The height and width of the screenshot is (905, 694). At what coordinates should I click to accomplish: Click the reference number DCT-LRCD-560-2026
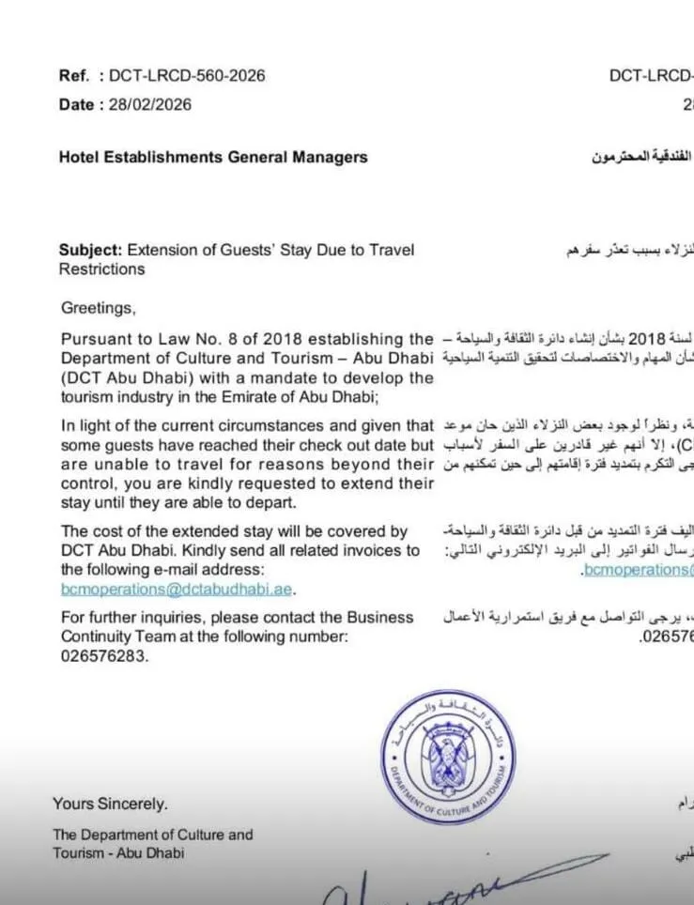click(x=187, y=76)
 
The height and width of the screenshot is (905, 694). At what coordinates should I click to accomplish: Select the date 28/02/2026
click(x=149, y=104)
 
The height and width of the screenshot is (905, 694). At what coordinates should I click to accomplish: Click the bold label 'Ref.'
click(x=73, y=76)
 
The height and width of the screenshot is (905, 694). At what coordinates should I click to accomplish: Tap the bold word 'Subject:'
click(x=91, y=250)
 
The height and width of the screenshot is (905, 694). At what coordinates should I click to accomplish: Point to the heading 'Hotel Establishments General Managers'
click(x=213, y=157)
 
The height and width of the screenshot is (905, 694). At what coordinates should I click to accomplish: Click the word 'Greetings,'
click(x=99, y=307)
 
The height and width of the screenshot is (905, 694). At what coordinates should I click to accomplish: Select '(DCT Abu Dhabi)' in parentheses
click(x=118, y=377)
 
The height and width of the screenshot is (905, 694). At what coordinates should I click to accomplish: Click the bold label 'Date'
click(x=76, y=104)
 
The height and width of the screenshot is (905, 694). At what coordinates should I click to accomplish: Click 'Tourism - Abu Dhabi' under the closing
click(x=118, y=852)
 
